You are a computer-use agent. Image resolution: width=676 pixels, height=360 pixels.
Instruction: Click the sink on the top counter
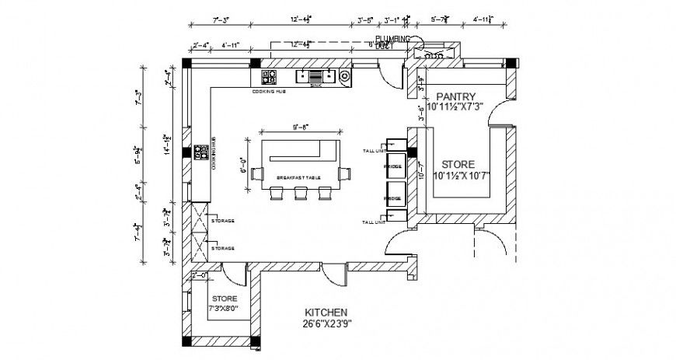click(x=315, y=76)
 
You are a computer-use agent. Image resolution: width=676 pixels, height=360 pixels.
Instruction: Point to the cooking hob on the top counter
click(x=270, y=76)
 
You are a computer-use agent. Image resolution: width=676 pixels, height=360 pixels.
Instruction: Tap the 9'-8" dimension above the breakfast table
click(x=301, y=128)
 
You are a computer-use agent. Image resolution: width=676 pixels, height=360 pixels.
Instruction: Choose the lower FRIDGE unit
click(x=394, y=199)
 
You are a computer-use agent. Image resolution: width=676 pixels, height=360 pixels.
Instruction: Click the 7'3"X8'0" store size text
click(x=224, y=309)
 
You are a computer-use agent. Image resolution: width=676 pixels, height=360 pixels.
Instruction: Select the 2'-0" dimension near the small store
click(x=200, y=275)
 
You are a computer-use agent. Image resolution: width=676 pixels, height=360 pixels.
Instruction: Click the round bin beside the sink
click(x=343, y=76)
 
